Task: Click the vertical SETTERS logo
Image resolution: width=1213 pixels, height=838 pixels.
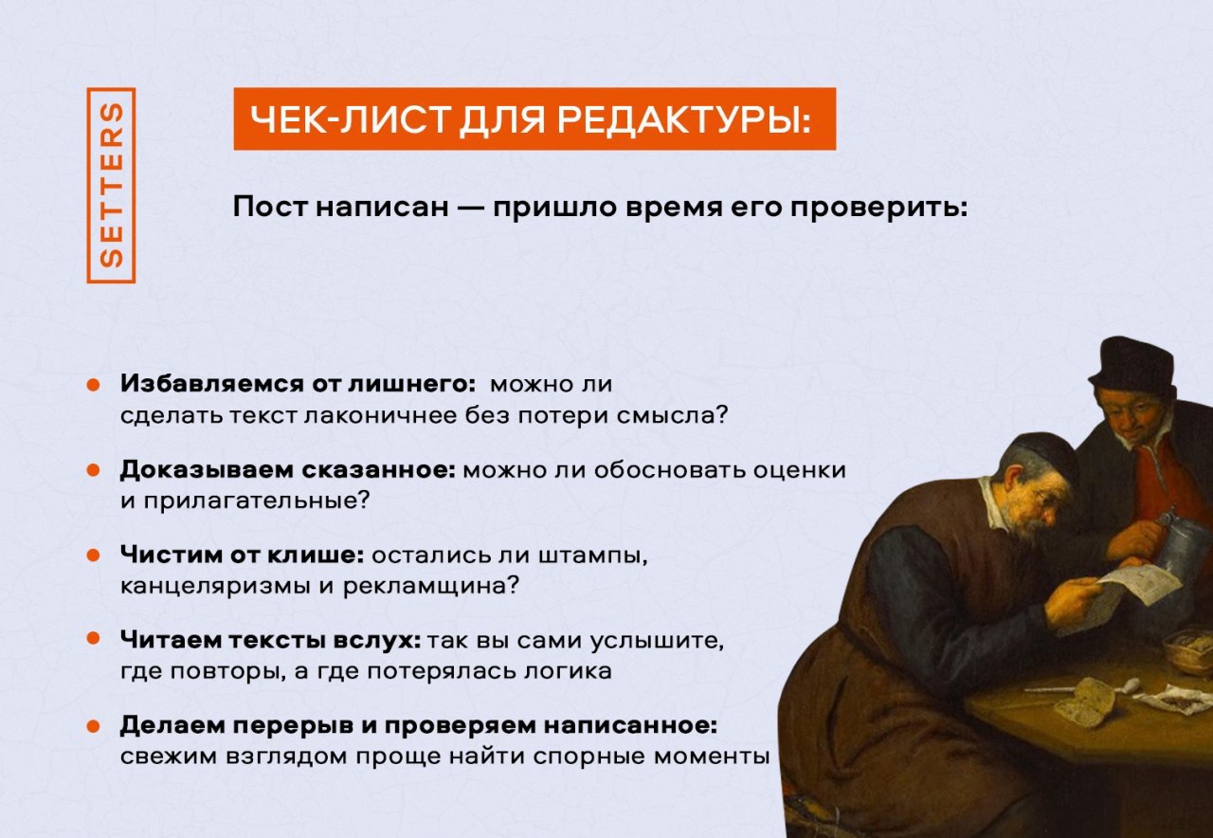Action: point(111,185)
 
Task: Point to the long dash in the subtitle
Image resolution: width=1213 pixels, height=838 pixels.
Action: point(470,208)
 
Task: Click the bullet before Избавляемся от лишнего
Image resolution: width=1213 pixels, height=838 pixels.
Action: point(94,384)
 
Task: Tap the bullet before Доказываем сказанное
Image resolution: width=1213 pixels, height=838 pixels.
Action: point(94,469)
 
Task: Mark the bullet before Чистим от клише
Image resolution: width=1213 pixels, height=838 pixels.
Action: point(94,556)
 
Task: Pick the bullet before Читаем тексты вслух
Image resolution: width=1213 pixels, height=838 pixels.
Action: point(94,638)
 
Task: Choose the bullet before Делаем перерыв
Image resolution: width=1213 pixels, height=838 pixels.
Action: point(94,726)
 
